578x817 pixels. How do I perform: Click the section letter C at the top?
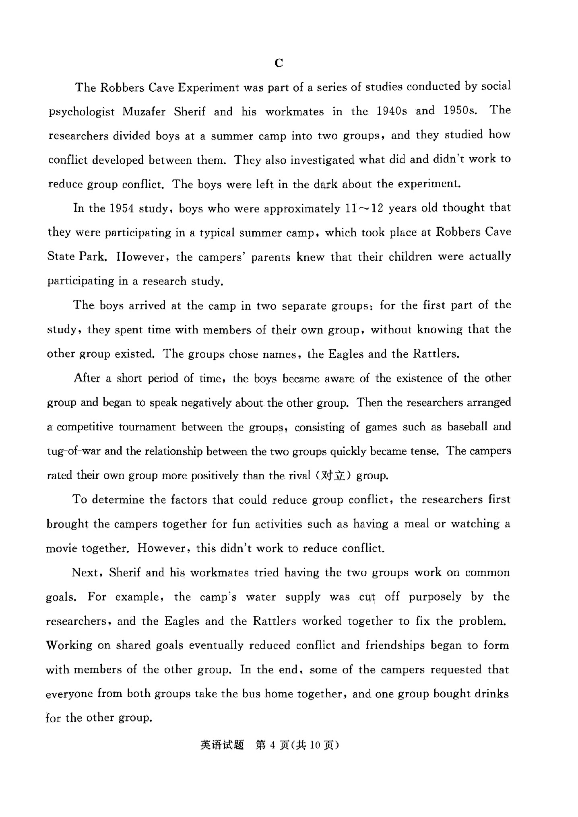279,63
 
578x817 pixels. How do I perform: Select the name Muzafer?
144,111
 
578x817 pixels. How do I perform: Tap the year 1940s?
391,111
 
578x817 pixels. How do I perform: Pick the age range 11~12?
364,208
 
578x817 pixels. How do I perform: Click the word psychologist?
81,112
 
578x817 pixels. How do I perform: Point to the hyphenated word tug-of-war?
74,451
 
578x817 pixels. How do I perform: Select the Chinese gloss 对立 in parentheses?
334,475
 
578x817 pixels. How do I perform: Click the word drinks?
491,694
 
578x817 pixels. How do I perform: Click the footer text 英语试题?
222,745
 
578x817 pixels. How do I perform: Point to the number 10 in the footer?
315,745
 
